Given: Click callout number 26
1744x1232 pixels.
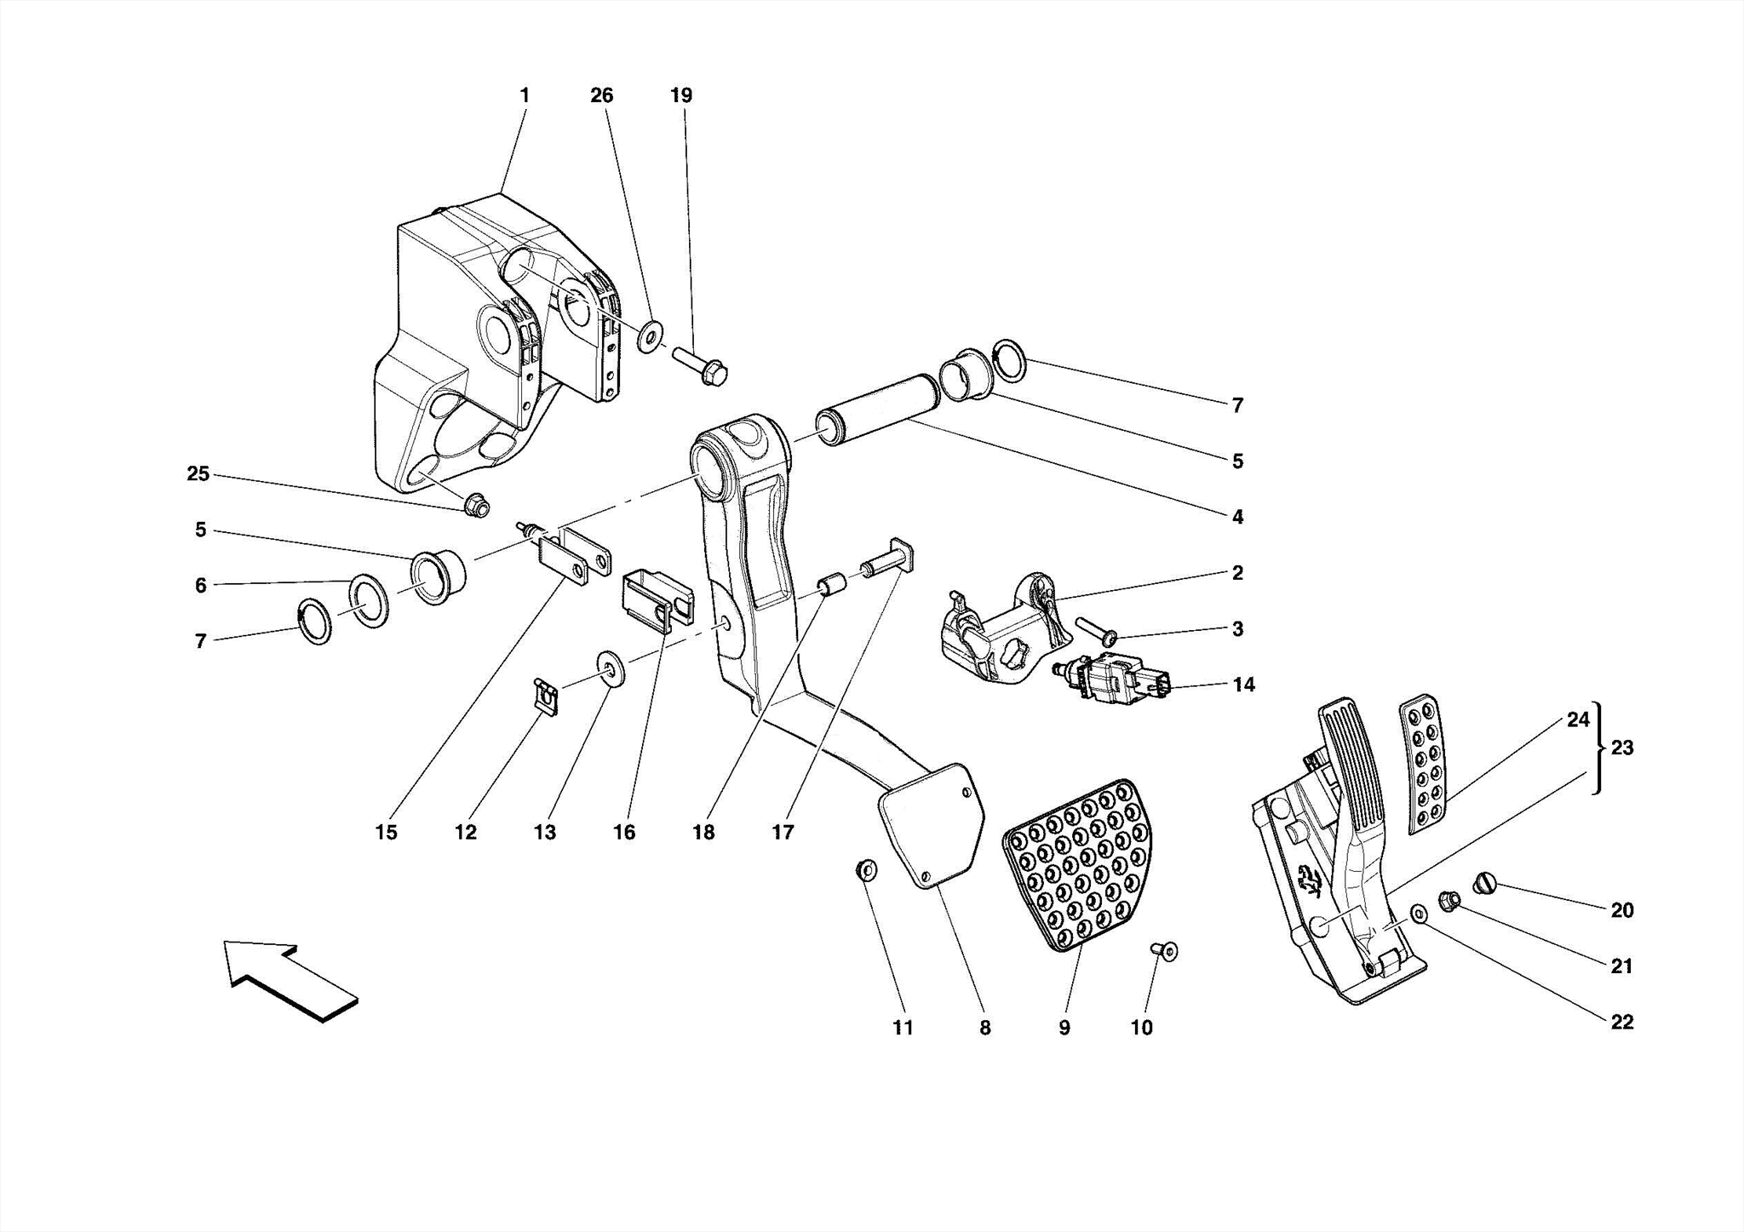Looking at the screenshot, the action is [602, 95].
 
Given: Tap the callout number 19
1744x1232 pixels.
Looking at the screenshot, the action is [681, 95].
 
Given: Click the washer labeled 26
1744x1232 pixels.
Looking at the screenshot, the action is [651, 337].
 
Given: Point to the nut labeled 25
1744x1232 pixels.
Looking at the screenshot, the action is [477, 506].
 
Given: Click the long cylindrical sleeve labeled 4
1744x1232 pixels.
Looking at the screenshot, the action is [878, 410].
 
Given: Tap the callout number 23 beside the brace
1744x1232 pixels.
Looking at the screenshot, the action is [1622, 748].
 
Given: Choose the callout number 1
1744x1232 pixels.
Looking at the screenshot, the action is [525, 95].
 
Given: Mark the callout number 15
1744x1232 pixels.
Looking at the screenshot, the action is [386, 832].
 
